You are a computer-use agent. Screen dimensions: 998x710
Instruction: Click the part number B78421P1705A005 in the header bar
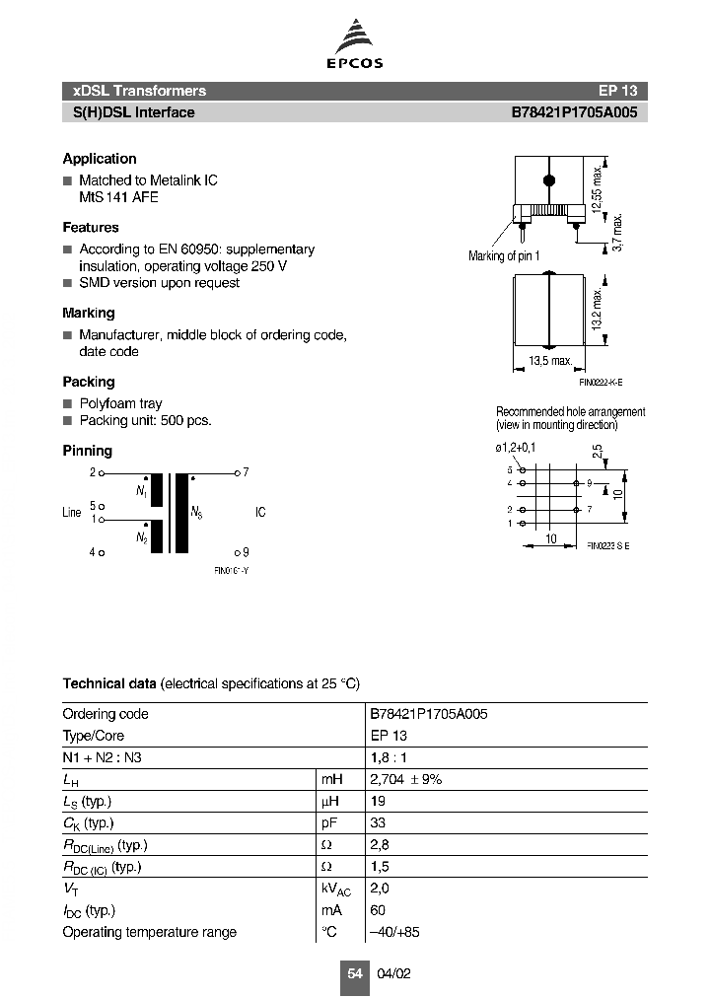(574, 112)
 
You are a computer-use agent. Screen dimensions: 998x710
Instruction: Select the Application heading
(100, 159)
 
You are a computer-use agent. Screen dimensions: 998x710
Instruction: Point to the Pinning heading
(88, 451)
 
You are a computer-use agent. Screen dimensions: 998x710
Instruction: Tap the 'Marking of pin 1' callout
(504, 256)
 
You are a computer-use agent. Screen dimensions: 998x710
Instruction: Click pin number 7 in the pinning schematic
(246, 472)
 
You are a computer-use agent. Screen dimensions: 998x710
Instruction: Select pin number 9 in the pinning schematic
(246, 552)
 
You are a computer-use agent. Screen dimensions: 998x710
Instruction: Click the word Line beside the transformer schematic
(72, 513)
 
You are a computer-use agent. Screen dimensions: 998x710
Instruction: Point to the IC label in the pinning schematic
(260, 513)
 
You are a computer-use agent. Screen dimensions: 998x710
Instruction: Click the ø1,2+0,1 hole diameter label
(519, 448)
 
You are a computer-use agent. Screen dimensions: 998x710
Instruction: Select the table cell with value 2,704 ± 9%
(406, 779)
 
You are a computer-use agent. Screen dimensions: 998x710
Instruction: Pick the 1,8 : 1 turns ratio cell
(389, 757)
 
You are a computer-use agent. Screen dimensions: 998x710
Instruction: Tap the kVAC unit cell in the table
(336, 890)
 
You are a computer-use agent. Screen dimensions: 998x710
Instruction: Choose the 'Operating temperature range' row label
(149, 932)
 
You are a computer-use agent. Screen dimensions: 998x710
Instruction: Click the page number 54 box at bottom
(354, 973)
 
